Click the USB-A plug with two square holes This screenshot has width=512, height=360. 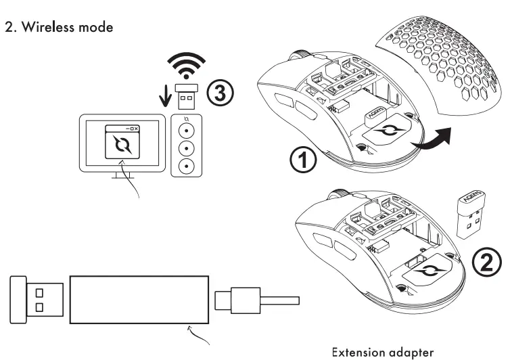38,299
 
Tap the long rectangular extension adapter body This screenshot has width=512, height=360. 137,298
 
